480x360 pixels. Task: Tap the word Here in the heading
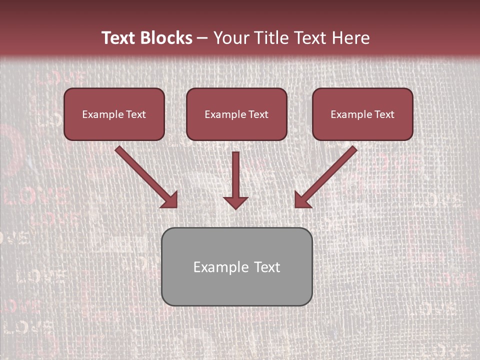point(350,38)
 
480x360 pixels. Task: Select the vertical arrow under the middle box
point(236,172)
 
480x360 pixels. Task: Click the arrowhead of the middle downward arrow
point(236,202)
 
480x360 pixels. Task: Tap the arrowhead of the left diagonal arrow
point(170,200)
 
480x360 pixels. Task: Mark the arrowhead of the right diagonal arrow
point(302,200)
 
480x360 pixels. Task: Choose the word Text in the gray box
point(267,267)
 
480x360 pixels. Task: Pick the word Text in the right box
point(384,114)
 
